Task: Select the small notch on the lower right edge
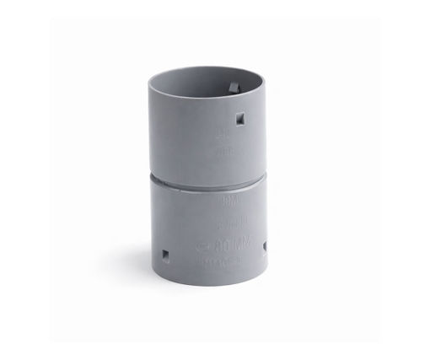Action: [x=266, y=246]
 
